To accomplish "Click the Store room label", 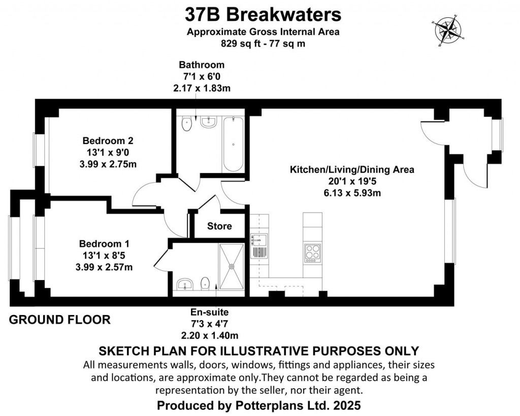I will (x=219, y=226).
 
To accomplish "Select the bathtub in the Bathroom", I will (x=234, y=145).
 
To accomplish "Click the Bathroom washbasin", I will (x=208, y=122).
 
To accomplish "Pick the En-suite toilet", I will (x=205, y=284).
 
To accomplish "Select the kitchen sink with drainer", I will (x=258, y=246).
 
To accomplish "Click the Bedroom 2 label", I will (x=108, y=141).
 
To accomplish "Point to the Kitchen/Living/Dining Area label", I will (x=352, y=170).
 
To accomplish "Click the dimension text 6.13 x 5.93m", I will (x=352, y=193).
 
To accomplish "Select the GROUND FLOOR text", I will (x=60, y=320).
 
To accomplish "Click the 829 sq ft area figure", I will (x=238, y=44).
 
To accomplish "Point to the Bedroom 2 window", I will (x=37, y=150).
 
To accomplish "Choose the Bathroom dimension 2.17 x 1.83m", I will (x=202, y=87).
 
